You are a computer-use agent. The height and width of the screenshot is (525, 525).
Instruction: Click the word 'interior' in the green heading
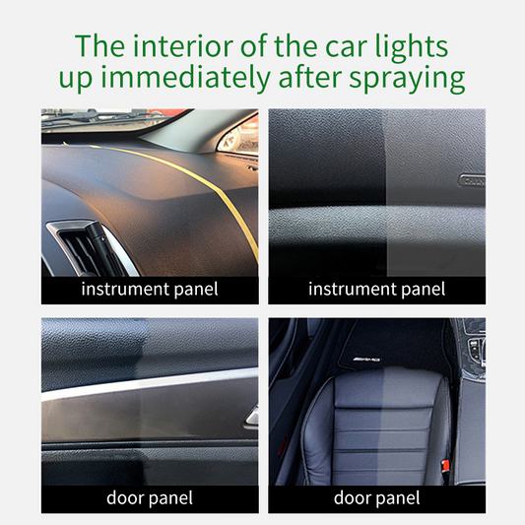coord(183,46)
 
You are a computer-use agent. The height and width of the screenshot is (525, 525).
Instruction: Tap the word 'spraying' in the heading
coord(407,79)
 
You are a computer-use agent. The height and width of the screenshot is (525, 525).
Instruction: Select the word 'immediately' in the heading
coord(185,78)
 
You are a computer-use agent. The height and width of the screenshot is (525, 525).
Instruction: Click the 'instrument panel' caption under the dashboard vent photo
coord(150,290)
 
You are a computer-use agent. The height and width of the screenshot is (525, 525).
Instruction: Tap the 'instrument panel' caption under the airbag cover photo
coord(376,290)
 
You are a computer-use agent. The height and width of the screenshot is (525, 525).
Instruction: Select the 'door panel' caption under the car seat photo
coord(376,498)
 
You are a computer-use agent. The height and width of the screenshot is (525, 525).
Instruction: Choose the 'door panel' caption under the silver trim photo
coord(150,498)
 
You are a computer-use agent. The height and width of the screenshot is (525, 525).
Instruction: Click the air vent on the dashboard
coord(89,248)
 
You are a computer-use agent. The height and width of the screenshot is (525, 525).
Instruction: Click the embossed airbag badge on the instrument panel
coord(472,180)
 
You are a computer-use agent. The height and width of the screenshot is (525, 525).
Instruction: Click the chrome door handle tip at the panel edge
coord(252,418)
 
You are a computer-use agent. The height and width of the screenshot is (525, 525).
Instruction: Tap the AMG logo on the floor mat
coord(366,360)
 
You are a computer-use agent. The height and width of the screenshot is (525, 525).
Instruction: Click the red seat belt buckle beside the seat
coord(445,466)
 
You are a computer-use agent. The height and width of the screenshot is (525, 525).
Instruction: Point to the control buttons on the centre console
coord(477,350)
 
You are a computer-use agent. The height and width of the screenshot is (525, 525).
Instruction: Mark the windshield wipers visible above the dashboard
coord(100,116)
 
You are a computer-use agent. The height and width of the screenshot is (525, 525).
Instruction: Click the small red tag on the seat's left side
coord(282,447)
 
